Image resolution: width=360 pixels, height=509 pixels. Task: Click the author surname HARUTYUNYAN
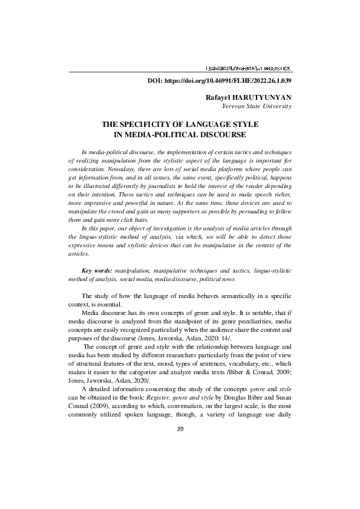pyautogui.click(x=264, y=97)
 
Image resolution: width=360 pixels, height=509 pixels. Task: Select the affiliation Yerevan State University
pyautogui.click(x=257, y=106)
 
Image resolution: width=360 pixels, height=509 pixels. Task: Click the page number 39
pyautogui.click(x=180, y=429)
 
